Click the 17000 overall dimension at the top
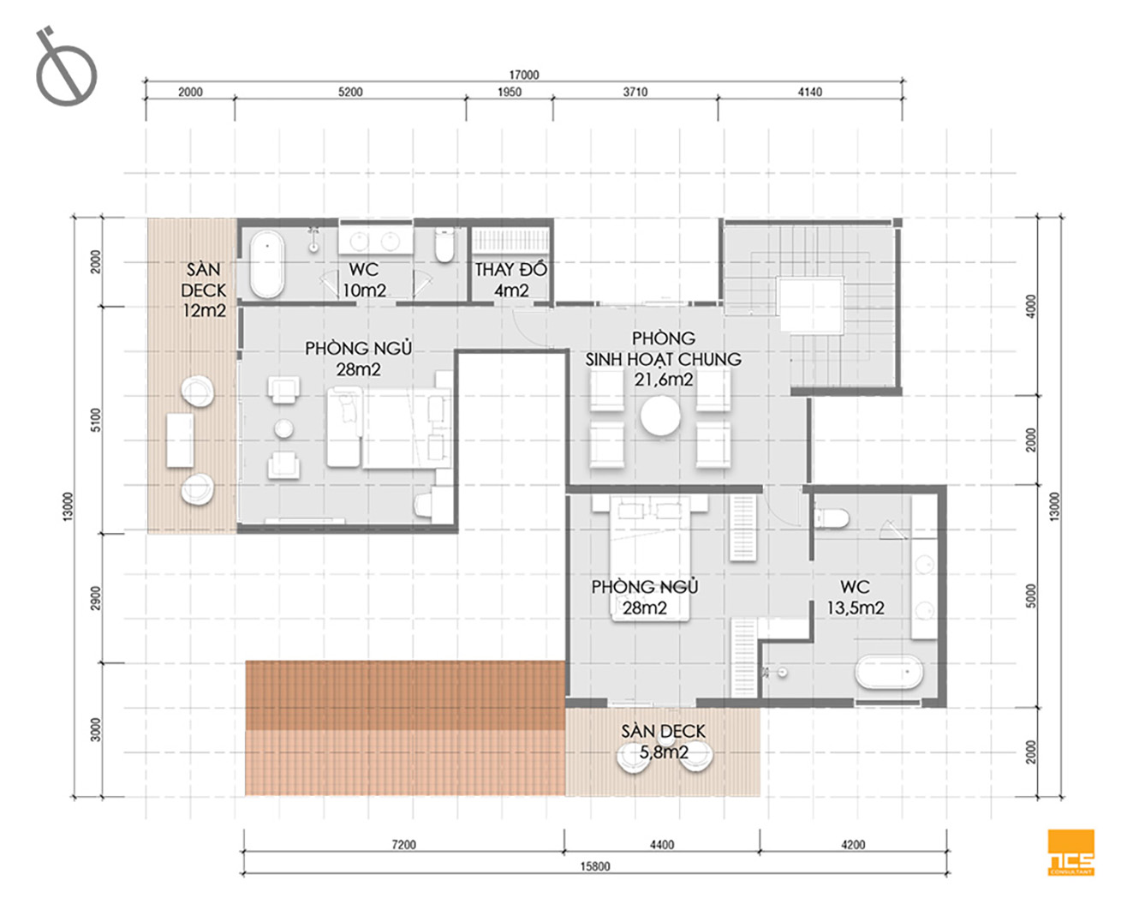pyautogui.click(x=524, y=75)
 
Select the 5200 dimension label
pyautogui.click(x=350, y=93)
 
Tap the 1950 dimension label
pyautogui.click(x=509, y=93)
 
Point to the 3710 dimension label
pyautogui.click(x=635, y=93)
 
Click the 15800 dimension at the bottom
pyautogui.click(x=595, y=866)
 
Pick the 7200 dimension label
pyautogui.click(x=403, y=844)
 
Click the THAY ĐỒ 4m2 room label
pyautogui.click(x=511, y=280)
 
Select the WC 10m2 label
pyautogui.click(x=364, y=280)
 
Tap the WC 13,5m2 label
pyautogui.click(x=856, y=597)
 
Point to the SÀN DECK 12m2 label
pyautogui.click(x=204, y=290)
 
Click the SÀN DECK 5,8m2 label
pyautogui.click(x=663, y=742)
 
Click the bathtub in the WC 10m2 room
pyautogui.click(x=267, y=264)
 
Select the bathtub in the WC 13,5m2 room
pyautogui.click(x=889, y=673)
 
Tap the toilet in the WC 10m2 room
pyautogui.click(x=444, y=245)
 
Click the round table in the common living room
pyautogui.click(x=660, y=416)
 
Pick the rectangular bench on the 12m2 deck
pyautogui.click(x=180, y=440)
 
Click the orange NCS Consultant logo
pyautogui.click(x=1071, y=853)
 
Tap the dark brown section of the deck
pyautogui.click(x=405, y=695)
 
